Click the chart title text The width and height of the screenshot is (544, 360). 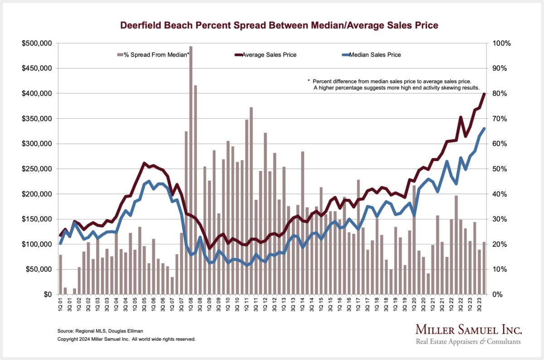pyautogui.click(x=279, y=25)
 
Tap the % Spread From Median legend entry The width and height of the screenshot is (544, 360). pyautogui.click(x=154, y=55)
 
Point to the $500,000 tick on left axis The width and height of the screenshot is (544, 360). pyautogui.click(x=37, y=44)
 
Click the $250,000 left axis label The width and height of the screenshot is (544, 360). pyautogui.click(x=37, y=169)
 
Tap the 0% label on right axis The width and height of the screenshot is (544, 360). pyautogui.click(x=497, y=294)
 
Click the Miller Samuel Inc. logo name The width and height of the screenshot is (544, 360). pyautogui.click(x=468, y=330)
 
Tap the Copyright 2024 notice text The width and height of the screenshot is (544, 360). pyautogui.click(x=126, y=339)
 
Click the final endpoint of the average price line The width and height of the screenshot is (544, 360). pyautogui.click(x=484, y=94)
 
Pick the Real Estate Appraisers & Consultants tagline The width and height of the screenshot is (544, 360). pyautogui.click(x=468, y=342)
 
